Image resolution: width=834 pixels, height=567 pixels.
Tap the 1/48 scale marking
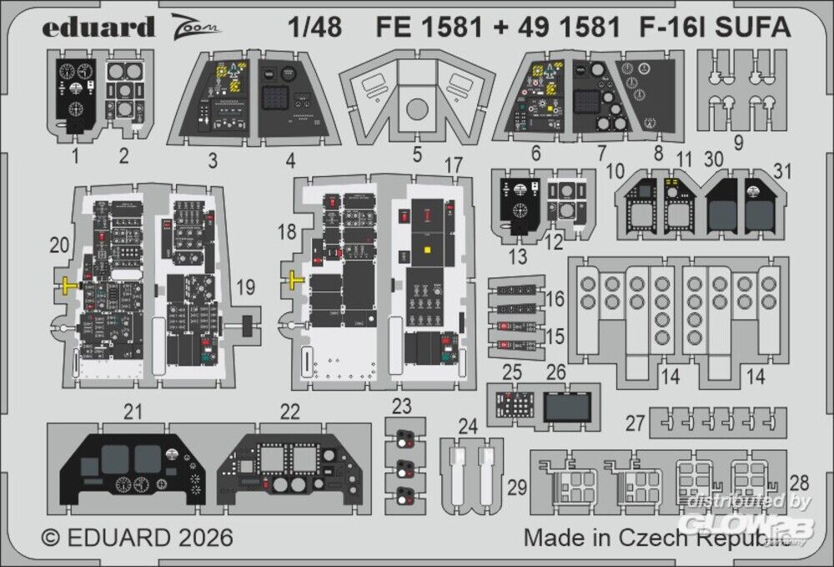tap(318, 28)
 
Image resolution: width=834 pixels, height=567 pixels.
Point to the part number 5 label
tap(417, 154)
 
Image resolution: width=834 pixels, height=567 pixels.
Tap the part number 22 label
tap(289, 411)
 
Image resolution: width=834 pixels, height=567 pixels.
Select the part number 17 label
tap(453, 166)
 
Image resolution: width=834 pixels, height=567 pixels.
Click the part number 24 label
tap(468, 428)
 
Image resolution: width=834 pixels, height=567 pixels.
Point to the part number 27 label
tap(636, 423)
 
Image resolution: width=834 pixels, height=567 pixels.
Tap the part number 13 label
tap(518, 257)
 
